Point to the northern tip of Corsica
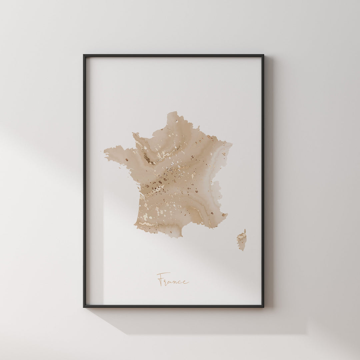click(x=245, y=230)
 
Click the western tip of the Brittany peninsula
click(x=105, y=152)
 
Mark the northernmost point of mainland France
click(x=172, y=112)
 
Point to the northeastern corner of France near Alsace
click(x=231, y=143)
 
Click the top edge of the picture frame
click(x=173, y=55)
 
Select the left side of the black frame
click(x=84, y=180)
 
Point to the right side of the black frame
click(x=263, y=180)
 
